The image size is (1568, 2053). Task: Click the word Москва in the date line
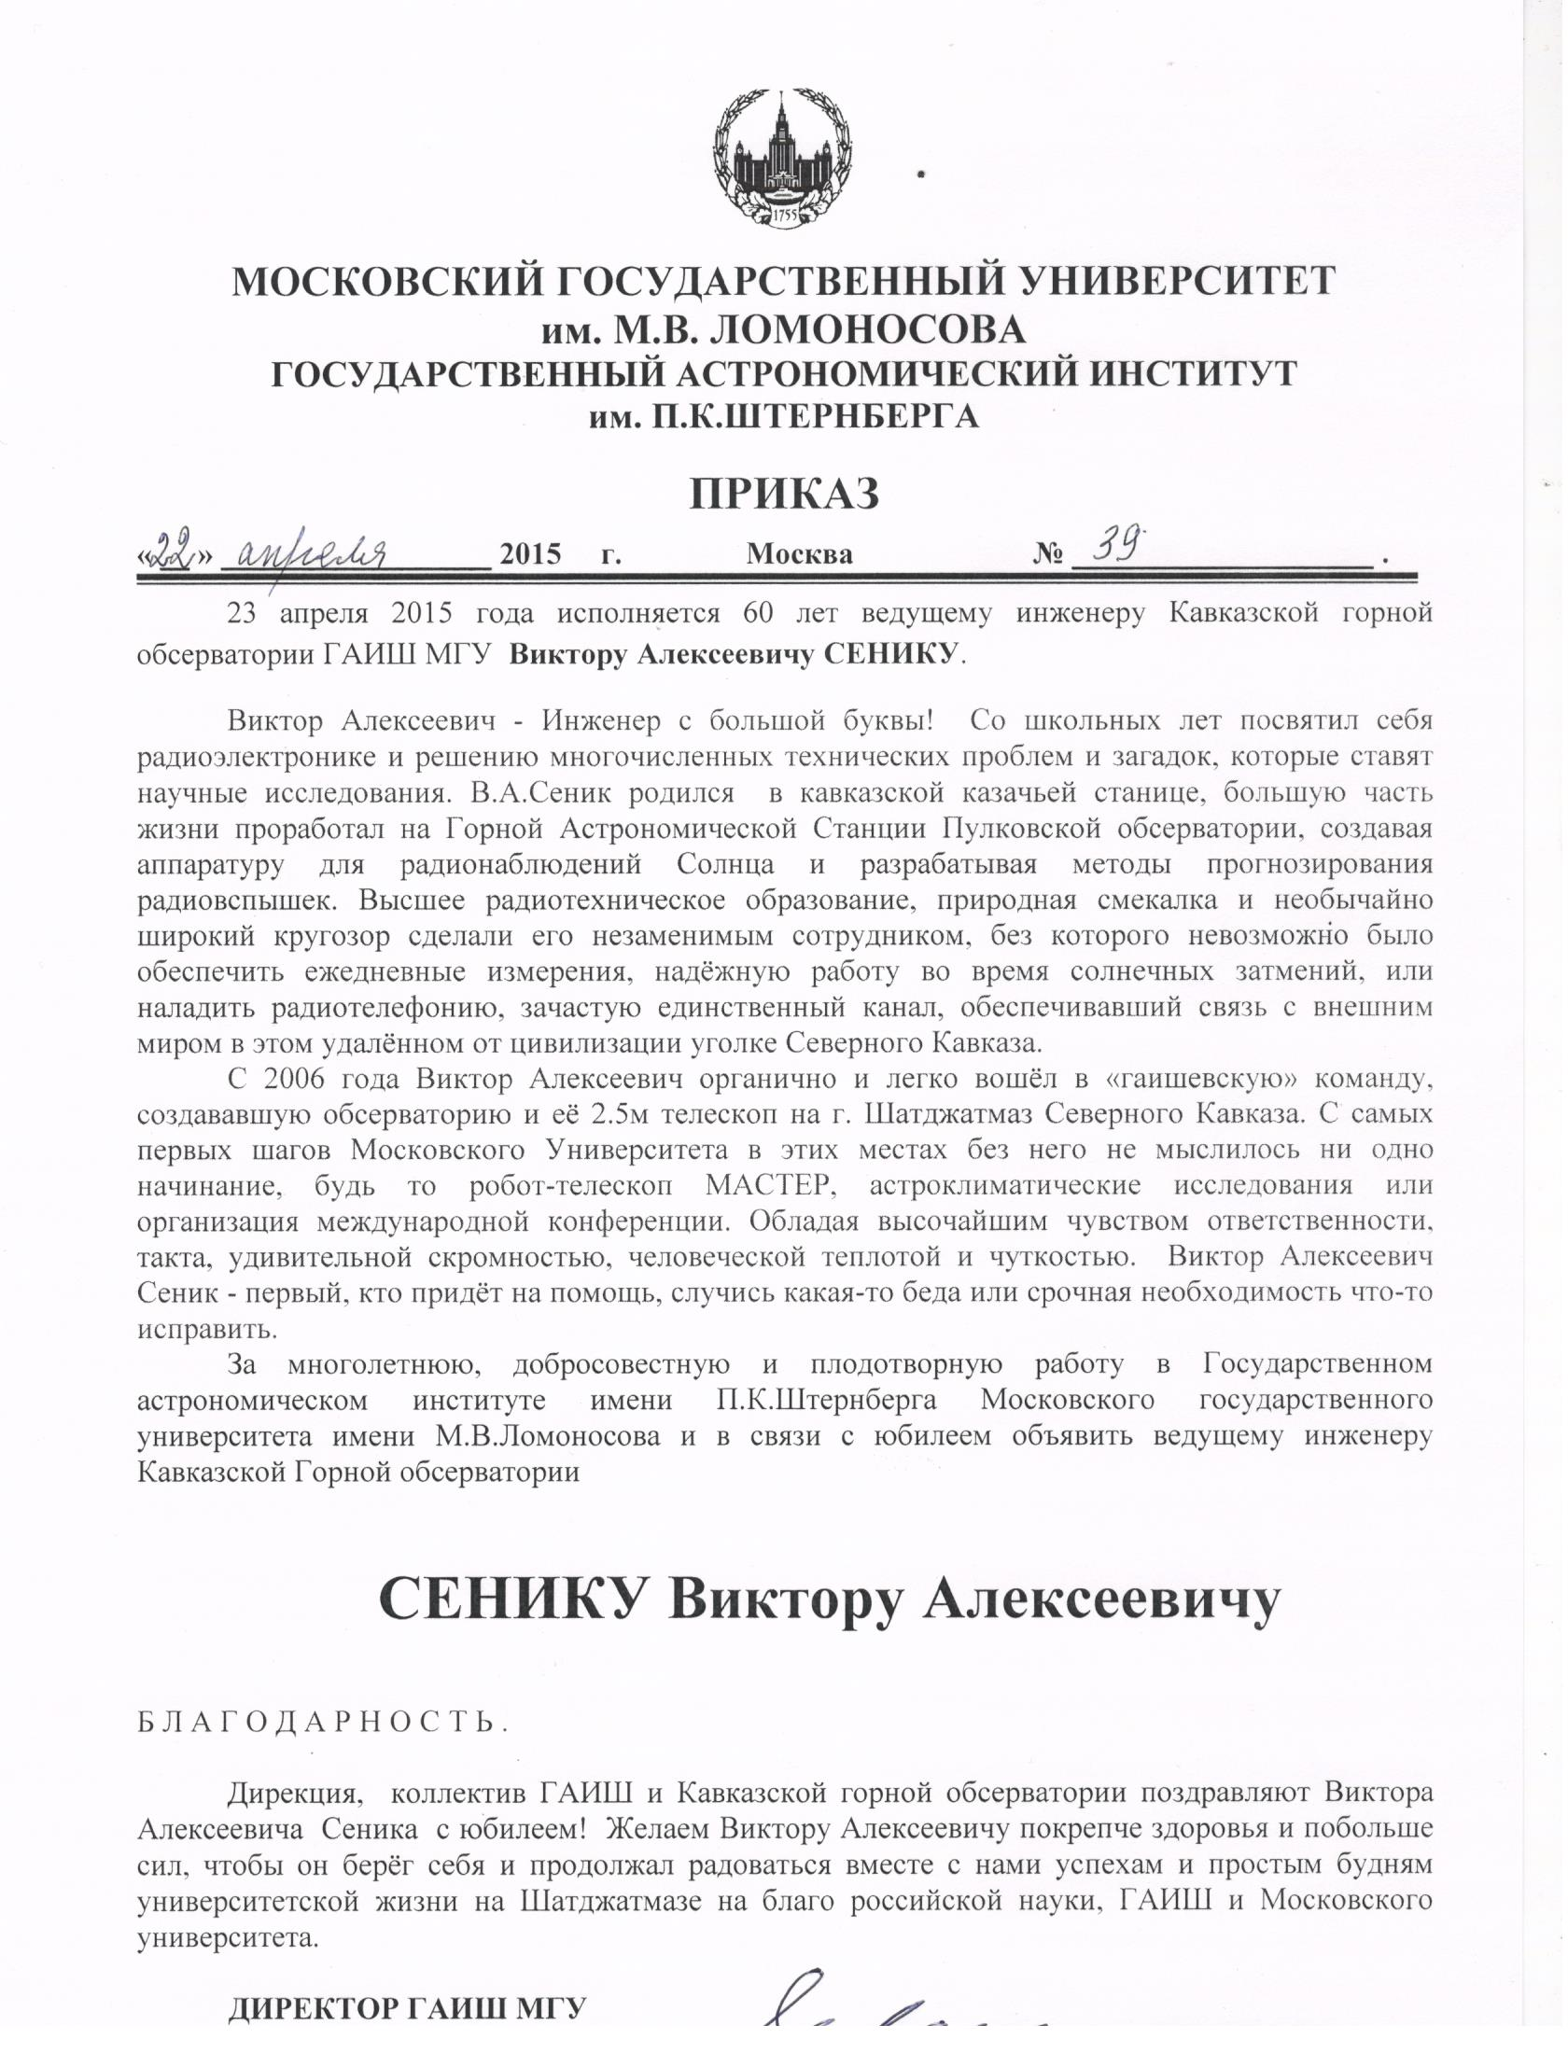click(799, 554)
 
